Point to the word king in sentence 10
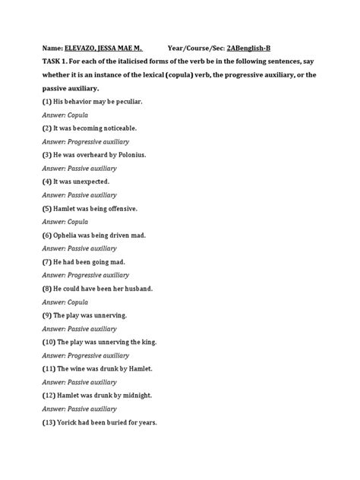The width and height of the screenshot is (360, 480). (149, 342)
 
